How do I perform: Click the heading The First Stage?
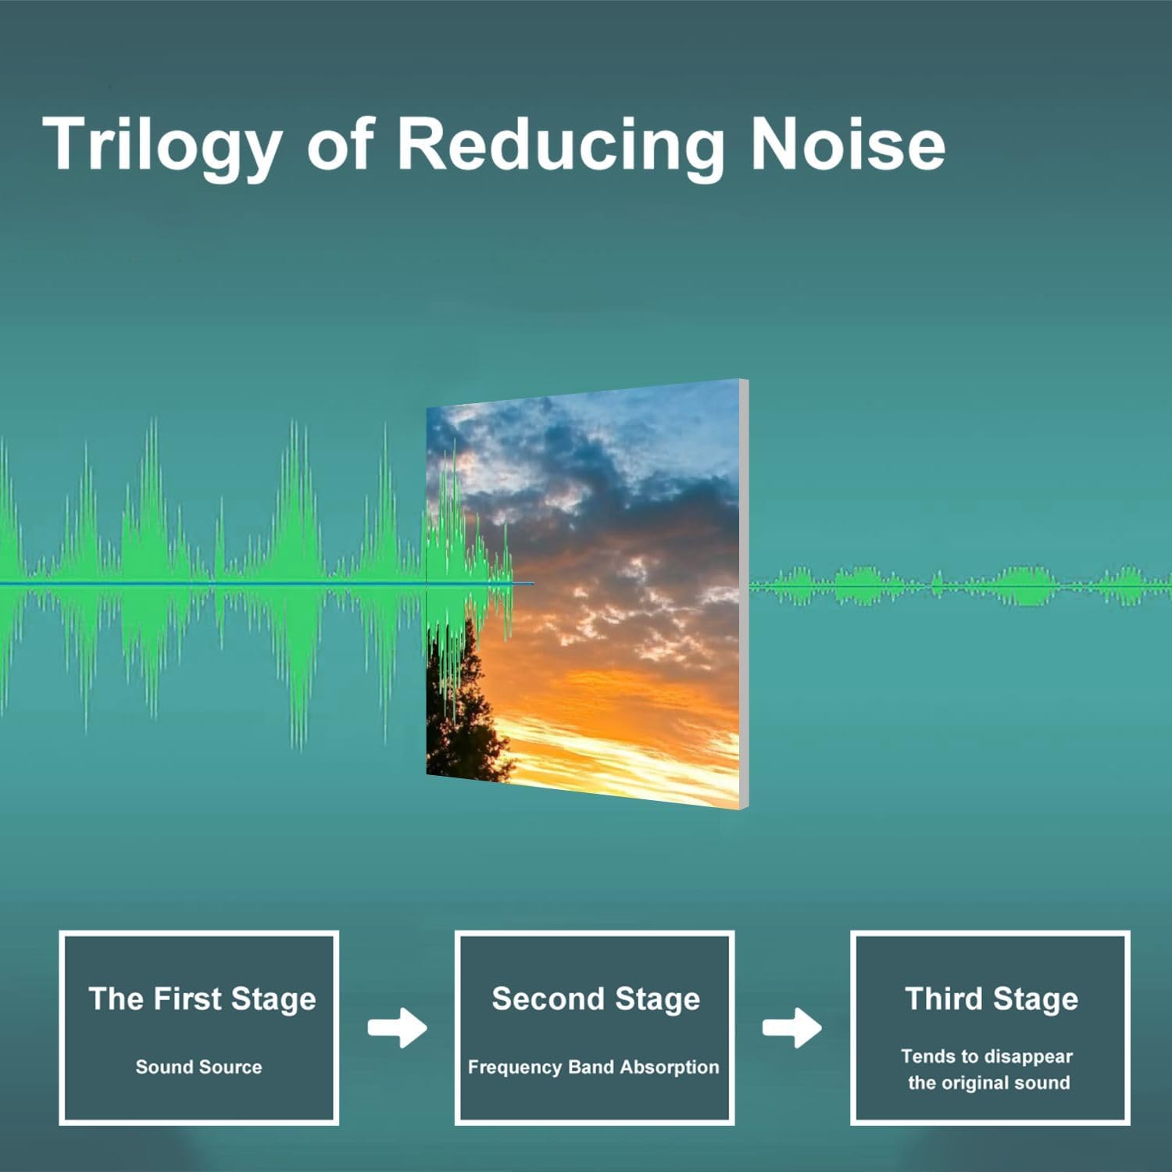pos(202,999)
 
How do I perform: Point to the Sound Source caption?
pos(198,1067)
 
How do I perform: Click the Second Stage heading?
pos(595,999)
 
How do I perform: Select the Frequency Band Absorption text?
pos(593,1067)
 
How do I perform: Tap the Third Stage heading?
pos(992,999)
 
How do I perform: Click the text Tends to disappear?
pos(987,1057)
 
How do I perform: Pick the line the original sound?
pos(988,1083)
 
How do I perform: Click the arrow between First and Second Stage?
pos(397,1027)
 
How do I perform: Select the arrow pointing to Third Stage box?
pos(791,1027)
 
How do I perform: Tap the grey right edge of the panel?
pos(744,594)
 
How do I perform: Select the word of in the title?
pos(340,146)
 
